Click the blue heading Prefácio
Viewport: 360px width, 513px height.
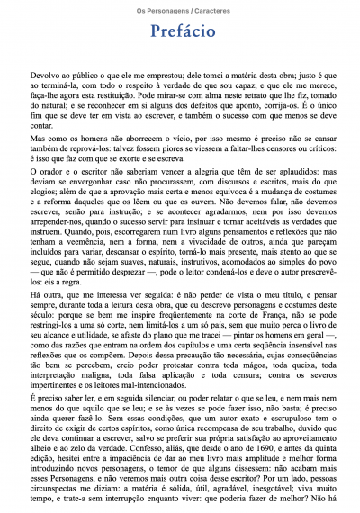[x=180, y=32]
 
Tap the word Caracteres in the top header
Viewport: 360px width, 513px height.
[x=210, y=9]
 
